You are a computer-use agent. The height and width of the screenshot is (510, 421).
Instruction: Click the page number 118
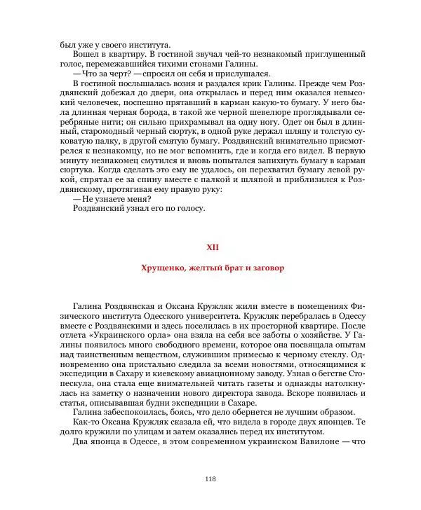[210, 478]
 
